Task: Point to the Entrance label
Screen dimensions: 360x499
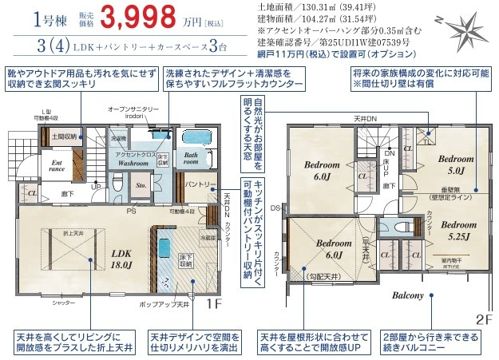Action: (35, 165)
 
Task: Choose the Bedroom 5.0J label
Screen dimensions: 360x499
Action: (456, 164)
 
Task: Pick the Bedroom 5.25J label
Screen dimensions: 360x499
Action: (456, 231)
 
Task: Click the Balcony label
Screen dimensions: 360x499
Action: (408, 295)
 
